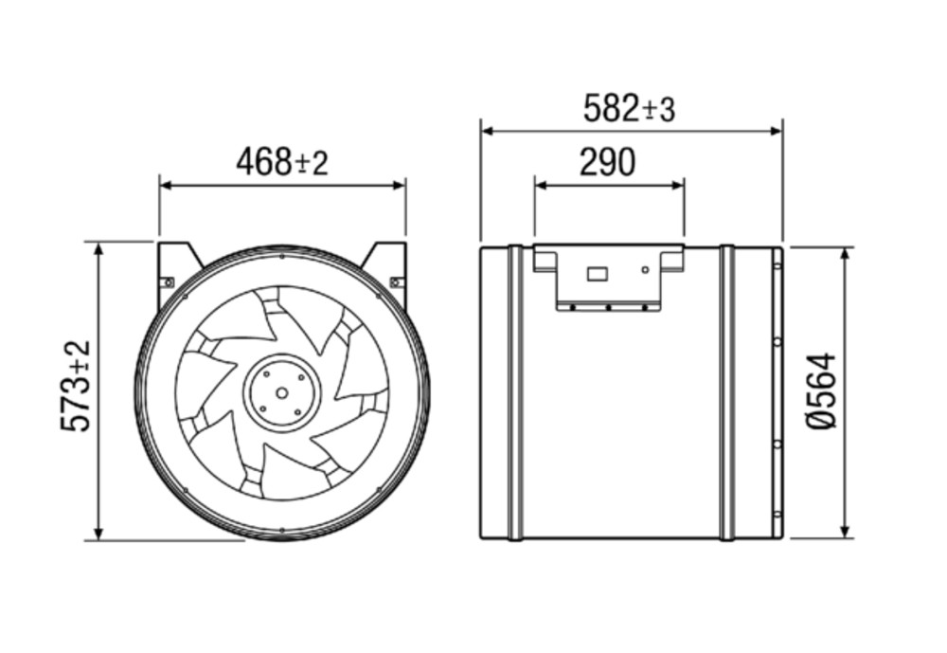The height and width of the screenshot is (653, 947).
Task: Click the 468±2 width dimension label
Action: [282, 162]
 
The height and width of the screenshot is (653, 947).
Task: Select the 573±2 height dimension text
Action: [77, 387]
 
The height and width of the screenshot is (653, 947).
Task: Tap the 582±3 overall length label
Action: [629, 109]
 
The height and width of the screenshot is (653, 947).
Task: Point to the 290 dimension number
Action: [608, 162]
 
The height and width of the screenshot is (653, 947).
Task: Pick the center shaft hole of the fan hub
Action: [282, 393]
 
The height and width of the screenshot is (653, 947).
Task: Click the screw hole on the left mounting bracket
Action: [170, 281]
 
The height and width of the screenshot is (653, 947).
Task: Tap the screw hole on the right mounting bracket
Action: [396, 282]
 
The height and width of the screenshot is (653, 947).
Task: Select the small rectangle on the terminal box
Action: [598, 274]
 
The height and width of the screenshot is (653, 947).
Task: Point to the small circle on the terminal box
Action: [645, 270]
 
